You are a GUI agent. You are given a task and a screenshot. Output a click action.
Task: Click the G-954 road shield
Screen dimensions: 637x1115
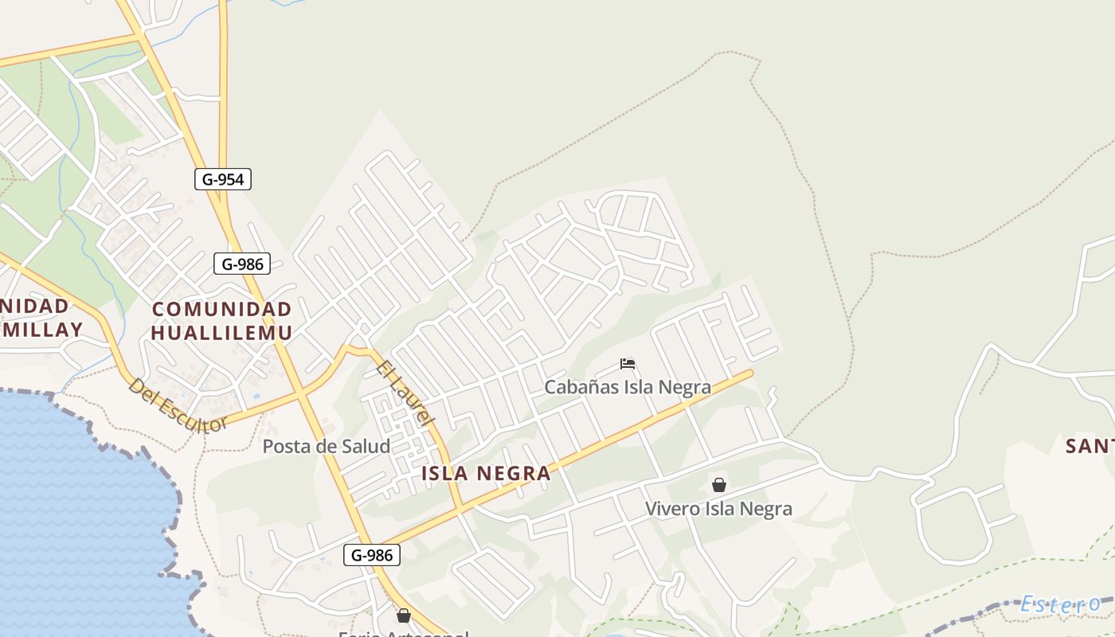[x=223, y=179]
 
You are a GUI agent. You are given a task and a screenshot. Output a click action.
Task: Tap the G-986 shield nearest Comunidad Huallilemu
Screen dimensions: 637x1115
[x=242, y=264]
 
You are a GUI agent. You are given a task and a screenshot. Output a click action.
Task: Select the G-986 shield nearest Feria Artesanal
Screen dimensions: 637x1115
[x=372, y=555]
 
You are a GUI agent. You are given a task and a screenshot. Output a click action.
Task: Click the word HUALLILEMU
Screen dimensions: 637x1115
[x=221, y=333]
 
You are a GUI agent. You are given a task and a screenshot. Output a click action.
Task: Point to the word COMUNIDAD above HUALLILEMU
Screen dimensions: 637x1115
[x=221, y=309]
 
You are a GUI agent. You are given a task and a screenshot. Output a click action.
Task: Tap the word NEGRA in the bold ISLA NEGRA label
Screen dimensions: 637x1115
[x=514, y=474]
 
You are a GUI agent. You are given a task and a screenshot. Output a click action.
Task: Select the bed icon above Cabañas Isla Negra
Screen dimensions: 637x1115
[x=628, y=365]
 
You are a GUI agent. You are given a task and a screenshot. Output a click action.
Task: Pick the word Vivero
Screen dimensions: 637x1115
[x=671, y=509]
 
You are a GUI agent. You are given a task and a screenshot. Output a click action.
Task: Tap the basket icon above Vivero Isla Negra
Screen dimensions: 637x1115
[x=718, y=485]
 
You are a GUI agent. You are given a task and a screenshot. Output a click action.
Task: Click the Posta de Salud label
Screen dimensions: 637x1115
[x=327, y=447]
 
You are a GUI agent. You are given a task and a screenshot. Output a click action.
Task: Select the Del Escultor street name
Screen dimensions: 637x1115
[x=177, y=405]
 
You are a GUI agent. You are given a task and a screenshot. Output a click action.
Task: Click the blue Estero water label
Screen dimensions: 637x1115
[x=1060, y=604]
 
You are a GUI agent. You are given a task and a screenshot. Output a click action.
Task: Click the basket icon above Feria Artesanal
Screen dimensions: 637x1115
[x=404, y=616]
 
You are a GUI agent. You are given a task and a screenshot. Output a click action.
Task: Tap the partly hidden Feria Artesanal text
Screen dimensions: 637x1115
[x=403, y=634]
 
